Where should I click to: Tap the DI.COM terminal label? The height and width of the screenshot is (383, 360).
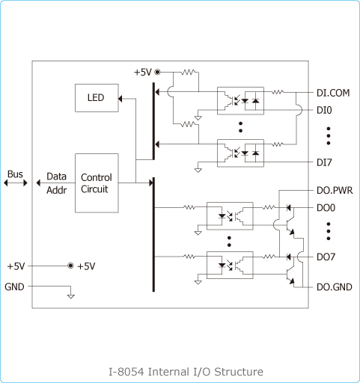[x=333, y=93]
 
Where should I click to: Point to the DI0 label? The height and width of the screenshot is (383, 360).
[x=324, y=110]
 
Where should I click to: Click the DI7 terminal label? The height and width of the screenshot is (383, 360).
[x=324, y=162]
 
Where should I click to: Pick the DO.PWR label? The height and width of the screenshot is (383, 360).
[x=335, y=191]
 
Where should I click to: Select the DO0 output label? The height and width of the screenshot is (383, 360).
[x=326, y=208]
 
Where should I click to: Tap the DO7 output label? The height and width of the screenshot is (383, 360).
[x=326, y=257]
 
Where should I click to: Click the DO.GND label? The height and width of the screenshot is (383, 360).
[x=335, y=287]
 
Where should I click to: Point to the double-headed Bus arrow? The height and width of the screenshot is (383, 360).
[x=16, y=183]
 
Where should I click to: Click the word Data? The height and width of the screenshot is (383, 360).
[x=56, y=177]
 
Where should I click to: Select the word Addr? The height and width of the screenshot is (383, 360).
[x=57, y=190]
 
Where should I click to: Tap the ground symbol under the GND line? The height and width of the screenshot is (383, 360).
[x=71, y=296]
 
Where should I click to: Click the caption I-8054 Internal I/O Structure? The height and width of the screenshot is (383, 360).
[x=186, y=372]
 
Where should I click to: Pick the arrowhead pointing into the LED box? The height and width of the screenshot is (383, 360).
[x=120, y=99]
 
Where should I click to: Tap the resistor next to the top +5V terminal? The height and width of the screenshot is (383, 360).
[x=189, y=73]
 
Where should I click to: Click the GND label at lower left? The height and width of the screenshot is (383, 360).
[x=14, y=287]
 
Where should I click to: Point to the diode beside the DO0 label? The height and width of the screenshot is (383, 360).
[x=289, y=207]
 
